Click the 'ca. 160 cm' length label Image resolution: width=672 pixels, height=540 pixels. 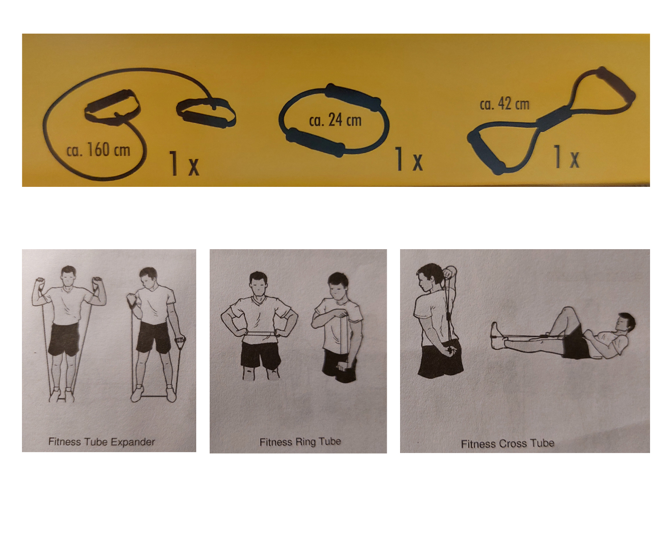tap(99, 150)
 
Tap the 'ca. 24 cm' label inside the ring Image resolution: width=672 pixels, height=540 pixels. tap(335, 120)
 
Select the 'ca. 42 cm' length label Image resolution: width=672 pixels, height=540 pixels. tap(504, 104)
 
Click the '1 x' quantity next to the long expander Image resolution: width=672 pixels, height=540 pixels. tap(184, 163)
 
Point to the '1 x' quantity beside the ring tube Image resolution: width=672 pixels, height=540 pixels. tap(409, 159)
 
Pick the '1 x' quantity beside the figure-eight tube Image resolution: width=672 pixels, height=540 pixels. tap(566, 156)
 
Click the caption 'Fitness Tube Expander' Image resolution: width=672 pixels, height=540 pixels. tap(102, 441)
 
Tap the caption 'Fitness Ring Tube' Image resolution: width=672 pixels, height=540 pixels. tap(300, 441)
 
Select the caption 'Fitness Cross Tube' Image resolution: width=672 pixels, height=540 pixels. tap(508, 444)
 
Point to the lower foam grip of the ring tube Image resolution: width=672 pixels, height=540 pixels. tap(315, 142)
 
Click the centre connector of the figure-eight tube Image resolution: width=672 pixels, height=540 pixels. tap(554, 119)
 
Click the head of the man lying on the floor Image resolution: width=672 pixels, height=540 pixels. tap(625, 323)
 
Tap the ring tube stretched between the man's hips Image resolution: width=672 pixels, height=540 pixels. tap(261, 333)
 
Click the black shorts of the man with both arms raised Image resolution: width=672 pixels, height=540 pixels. tap(64, 339)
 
